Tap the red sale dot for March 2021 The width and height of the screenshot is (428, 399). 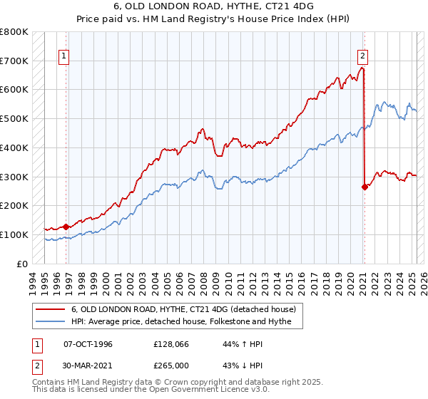365,187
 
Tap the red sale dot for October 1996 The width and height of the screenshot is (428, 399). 66,227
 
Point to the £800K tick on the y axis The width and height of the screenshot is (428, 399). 14,32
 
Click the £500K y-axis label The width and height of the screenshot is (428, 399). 14,119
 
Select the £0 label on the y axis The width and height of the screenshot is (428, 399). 22,264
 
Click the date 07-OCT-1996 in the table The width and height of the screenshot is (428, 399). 88,343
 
